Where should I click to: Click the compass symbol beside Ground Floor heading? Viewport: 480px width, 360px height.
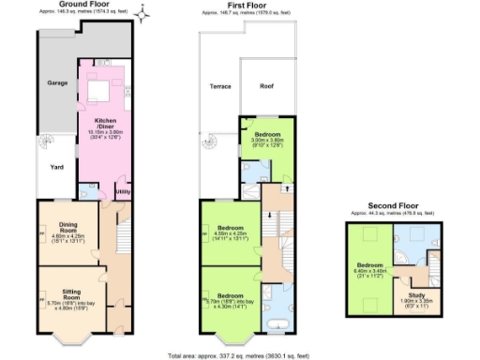(141, 13)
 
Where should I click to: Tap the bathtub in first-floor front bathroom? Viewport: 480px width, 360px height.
(277, 324)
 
